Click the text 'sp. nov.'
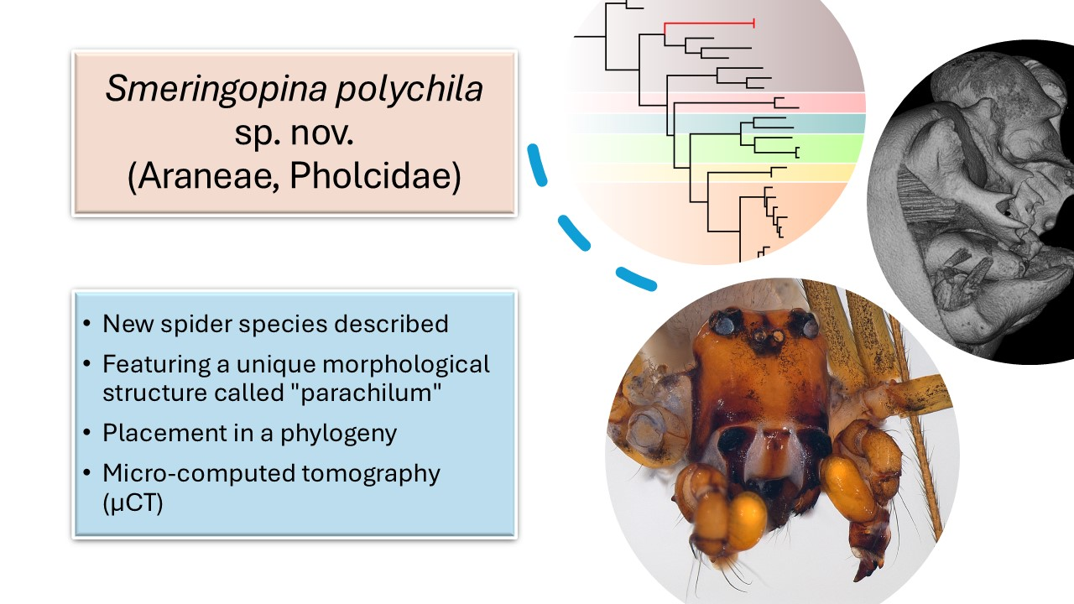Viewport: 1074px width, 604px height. (x=294, y=135)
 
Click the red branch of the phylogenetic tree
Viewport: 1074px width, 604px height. (x=709, y=23)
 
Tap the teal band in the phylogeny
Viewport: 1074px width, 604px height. (x=822, y=123)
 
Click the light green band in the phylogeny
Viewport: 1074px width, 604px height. (x=831, y=148)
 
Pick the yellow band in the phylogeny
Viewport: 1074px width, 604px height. (x=822, y=172)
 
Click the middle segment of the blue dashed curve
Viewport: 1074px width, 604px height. (x=573, y=232)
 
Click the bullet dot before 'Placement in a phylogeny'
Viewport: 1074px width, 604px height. (x=88, y=434)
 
